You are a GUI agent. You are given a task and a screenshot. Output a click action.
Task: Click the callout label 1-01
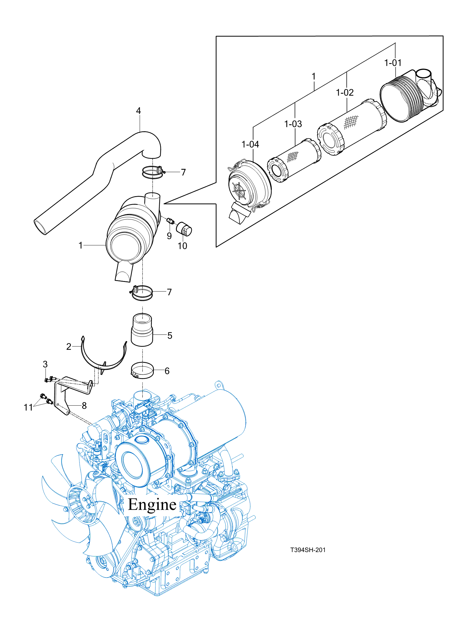click(393, 63)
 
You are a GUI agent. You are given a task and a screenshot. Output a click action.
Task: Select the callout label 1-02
click(345, 92)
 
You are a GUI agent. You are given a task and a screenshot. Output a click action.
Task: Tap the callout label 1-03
click(293, 124)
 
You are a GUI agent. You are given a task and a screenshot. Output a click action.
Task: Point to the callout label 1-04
click(250, 144)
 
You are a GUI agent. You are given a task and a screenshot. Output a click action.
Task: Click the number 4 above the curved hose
click(138, 111)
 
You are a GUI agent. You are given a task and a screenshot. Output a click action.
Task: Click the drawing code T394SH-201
click(308, 550)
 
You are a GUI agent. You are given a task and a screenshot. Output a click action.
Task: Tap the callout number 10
click(182, 246)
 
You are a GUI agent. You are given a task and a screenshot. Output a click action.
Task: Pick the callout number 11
click(28, 407)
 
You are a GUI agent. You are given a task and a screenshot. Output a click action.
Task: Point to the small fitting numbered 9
click(171, 221)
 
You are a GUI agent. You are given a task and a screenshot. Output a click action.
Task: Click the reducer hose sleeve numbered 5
click(142, 330)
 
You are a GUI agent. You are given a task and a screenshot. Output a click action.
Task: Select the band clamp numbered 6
click(142, 370)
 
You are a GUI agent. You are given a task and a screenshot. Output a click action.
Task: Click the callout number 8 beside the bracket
click(84, 406)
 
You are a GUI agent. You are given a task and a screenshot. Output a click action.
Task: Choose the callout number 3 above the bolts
click(45, 364)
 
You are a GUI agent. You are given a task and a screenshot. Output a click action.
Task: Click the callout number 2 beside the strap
click(69, 347)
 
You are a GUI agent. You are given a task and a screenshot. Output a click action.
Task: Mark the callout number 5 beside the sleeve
click(170, 336)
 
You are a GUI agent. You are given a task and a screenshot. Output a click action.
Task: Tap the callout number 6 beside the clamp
click(167, 371)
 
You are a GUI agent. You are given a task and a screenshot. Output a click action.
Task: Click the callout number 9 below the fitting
click(169, 236)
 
